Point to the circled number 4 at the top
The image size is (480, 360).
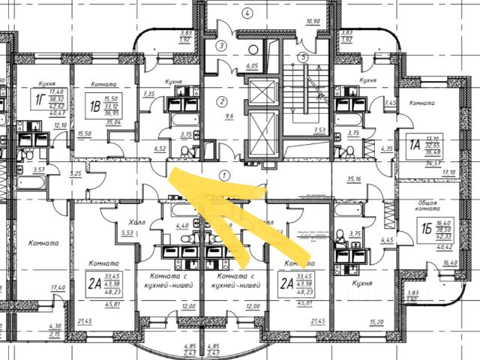click(245, 11)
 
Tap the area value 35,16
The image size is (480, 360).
click(354, 178)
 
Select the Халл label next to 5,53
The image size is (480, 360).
click(136, 222)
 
